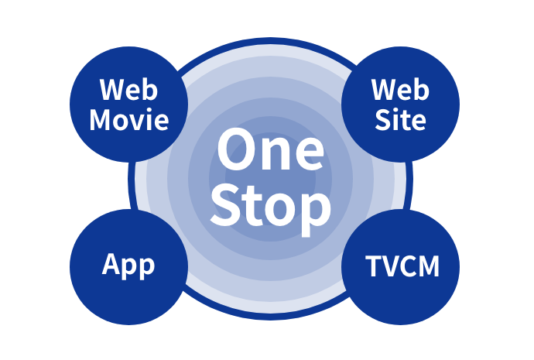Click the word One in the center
click(x=270, y=150)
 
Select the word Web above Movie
click(x=129, y=91)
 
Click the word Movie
click(x=129, y=119)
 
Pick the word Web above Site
click(x=400, y=91)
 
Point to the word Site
click(x=400, y=119)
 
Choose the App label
click(x=128, y=266)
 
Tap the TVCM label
click(x=402, y=266)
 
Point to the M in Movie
click(x=101, y=119)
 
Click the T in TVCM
click(x=373, y=266)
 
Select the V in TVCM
click(x=390, y=266)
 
